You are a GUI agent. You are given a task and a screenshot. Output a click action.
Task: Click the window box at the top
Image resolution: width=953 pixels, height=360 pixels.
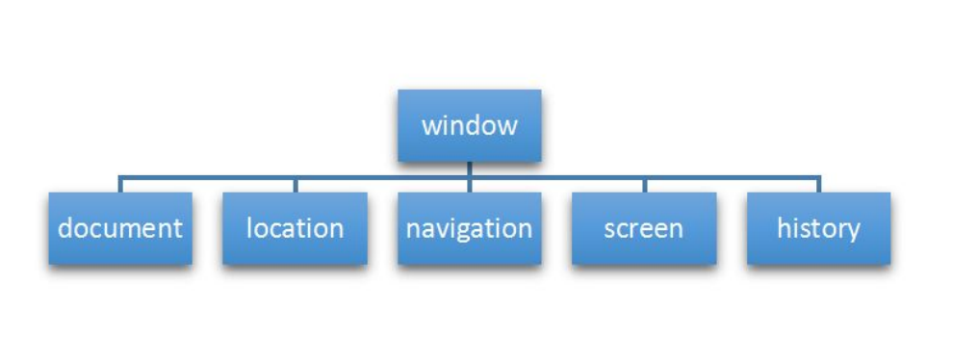pyautogui.click(x=469, y=125)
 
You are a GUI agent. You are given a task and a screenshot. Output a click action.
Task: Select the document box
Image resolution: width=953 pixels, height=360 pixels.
pyautogui.click(x=119, y=228)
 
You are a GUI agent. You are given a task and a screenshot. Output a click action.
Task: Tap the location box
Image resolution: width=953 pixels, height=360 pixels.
pyautogui.click(x=295, y=228)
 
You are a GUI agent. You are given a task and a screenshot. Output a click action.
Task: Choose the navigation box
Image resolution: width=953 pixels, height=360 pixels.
pyautogui.click(x=469, y=228)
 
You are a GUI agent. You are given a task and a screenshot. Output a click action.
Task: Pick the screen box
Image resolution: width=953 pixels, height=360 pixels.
pyautogui.click(x=644, y=228)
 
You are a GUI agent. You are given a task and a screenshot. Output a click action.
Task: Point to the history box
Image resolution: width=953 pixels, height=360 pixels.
pyautogui.click(x=818, y=228)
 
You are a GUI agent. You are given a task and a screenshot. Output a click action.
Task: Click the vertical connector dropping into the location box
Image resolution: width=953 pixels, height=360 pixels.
pyautogui.click(x=295, y=185)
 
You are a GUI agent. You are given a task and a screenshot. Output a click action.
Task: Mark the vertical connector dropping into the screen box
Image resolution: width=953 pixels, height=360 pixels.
pyautogui.click(x=644, y=185)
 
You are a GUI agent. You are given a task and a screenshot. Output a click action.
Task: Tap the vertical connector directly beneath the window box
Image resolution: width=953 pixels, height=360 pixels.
pyautogui.click(x=469, y=169)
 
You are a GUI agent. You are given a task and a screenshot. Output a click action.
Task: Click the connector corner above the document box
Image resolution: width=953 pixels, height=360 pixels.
pyautogui.click(x=119, y=177)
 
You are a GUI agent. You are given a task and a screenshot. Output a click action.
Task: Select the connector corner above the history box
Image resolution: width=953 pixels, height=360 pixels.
pyautogui.click(x=819, y=177)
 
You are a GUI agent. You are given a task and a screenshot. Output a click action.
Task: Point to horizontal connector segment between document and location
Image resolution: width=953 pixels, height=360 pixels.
pyautogui.click(x=207, y=177)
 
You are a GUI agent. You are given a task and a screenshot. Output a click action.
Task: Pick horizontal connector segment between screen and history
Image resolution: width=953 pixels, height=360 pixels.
pyautogui.click(x=732, y=177)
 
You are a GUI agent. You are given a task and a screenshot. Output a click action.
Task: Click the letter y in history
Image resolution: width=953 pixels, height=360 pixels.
pyautogui.click(x=853, y=231)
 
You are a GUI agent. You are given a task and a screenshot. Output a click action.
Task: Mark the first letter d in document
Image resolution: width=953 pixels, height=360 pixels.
pyautogui.click(x=64, y=228)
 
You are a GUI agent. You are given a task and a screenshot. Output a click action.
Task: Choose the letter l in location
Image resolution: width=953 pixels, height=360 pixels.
pyautogui.click(x=250, y=227)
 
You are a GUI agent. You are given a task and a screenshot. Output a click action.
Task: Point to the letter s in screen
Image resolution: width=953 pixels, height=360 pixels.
pyautogui.click(x=609, y=229)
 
